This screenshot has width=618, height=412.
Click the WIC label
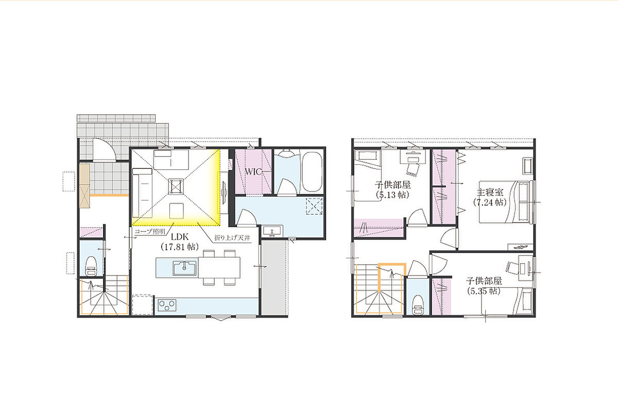pyautogui.click(x=253, y=172)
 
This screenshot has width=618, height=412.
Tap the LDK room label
pyautogui.click(x=180, y=237)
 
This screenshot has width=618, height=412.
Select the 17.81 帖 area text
pyautogui.click(x=180, y=247)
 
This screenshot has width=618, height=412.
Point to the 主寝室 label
pyautogui.click(x=490, y=192)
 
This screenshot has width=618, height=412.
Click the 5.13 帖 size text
pyautogui.click(x=392, y=195)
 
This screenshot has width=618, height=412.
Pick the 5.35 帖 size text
pyautogui.click(x=484, y=291)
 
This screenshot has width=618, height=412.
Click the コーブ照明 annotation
pyautogui.click(x=150, y=231)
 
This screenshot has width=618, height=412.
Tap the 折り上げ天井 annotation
pyautogui.click(x=232, y=237)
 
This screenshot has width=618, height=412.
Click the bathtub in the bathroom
pyautogui.click(x=312, y=171)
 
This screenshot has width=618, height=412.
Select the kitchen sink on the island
pyautogui.click(x=185, y=267)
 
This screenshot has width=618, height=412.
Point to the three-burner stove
pyautogui.click(x=167, y=305)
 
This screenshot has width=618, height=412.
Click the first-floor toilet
pyautogui.click(x=91, y=266)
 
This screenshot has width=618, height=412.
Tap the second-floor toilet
pyautogui.click(x=418, y=305)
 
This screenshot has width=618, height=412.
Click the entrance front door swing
pyautogui.click(x=104, y=150)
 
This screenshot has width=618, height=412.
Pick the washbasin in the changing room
pyautogui.click(x=272, y=231)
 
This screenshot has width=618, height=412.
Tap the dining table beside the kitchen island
pyautogui.click(x=219, y=267)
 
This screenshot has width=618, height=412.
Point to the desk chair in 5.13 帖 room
pyautogui.click(x=412, y=168)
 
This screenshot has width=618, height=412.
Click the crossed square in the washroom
pyautogui.click(x=314, y=206)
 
